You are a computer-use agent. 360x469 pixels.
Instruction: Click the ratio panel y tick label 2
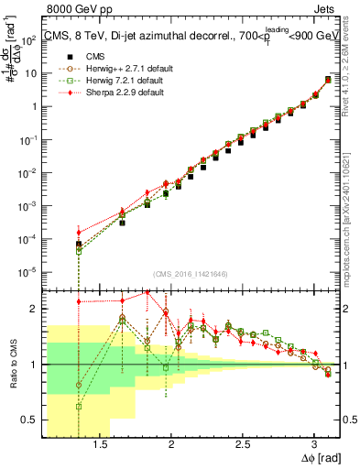[x=39, y=309]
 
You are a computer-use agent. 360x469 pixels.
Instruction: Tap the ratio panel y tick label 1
[x=39, y=365]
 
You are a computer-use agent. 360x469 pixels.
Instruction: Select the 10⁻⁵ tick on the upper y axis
[x=33, y=271]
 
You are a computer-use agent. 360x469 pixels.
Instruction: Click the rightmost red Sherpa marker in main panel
[x=328, y=79]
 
